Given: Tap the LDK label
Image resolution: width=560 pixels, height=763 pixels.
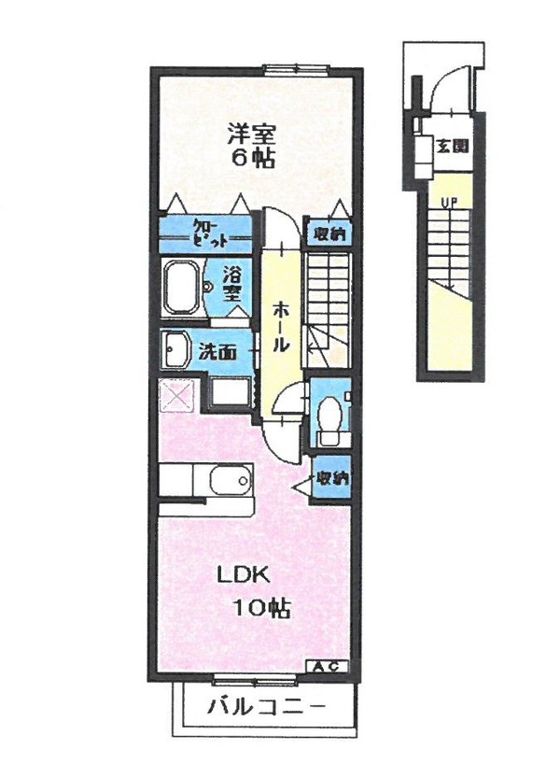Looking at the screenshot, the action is coord(243,575).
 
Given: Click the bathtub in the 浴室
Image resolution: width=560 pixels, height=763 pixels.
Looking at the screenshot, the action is coord(181,288).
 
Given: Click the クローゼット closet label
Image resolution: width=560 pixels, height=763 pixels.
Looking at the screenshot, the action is coord(210,233).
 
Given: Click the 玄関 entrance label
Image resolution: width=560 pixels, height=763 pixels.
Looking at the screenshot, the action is coord(452,146).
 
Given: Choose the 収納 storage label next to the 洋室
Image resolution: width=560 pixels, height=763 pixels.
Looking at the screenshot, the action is coord(329,234).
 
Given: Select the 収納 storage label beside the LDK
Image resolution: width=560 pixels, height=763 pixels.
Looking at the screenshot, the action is coord(332,479).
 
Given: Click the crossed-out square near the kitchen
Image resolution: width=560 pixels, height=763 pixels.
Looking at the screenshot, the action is coord(177,396).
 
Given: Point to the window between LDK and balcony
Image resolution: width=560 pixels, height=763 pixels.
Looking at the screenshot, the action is coord(255,679).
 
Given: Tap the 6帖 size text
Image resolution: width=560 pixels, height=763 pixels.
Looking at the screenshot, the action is coord(253,159).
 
